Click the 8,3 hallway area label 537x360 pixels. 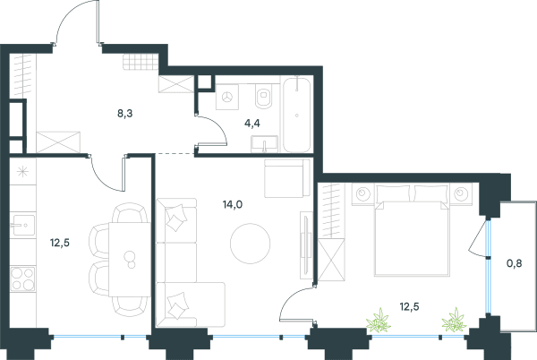point(124,113)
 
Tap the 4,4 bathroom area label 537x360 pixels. point(251,123)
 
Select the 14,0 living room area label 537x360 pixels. point(233,204)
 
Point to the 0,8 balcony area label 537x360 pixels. point(515,263)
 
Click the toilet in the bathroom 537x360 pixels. point(263,96)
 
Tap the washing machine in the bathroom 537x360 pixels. point(227,98)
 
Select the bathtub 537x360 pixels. point(296,114)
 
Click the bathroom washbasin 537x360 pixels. point(264,144)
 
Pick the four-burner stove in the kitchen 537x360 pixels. point(22,279)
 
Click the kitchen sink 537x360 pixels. point(22,225)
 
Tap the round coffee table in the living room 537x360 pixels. point(250,244)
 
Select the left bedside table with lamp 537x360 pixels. point(363,193)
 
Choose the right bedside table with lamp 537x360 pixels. point(461,193)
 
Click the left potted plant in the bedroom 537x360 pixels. point(379,321)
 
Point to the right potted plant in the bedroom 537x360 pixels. point(454,320)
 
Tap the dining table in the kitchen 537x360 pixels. point(130,260)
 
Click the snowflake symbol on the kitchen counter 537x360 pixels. point(22,171)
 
